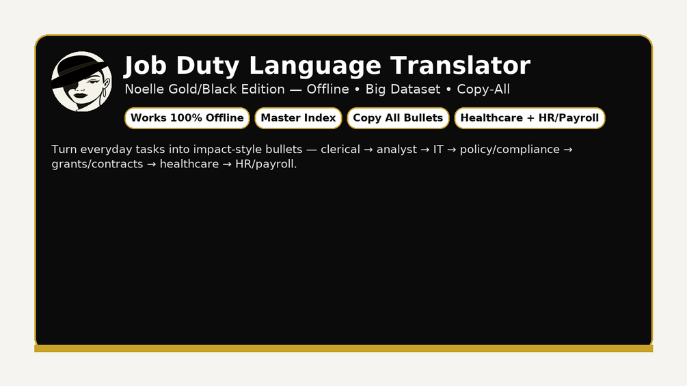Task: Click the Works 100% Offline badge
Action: point(187,118)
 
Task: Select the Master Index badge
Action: point(298,118)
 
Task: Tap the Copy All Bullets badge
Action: point(398,118)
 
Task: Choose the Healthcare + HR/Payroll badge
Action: point(529,118)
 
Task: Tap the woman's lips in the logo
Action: point(80,96)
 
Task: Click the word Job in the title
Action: point(146,66)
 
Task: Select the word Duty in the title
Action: point(208,66)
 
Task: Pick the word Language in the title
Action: point(315,66)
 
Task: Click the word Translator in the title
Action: point(461,66)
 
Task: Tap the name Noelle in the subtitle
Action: point(145,89)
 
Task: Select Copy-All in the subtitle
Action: point(483,89)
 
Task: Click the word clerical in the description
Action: point(340,149)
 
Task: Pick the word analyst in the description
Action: point(396,150)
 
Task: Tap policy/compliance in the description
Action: point(509,150)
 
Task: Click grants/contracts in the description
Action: point(97,164)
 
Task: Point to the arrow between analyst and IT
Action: point(425,150)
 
